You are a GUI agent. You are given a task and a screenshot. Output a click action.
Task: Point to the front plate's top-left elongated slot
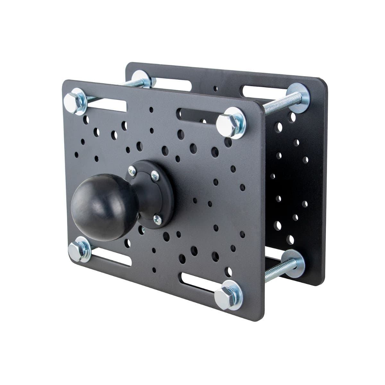106,105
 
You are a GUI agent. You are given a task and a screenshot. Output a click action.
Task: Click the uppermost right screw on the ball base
155,175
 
